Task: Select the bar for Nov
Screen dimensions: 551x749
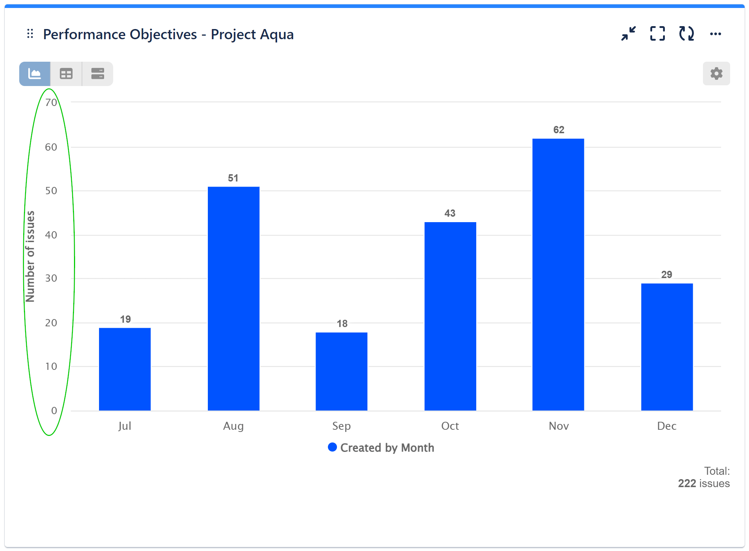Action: coord(558,274)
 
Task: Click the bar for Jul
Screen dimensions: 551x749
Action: coord(125,369)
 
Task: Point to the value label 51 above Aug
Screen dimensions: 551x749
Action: coord(233,178)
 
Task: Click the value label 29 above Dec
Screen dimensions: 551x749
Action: coord(666,275)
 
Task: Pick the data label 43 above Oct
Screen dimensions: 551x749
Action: coord(450,213)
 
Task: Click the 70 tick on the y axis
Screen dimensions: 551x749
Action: coord(51,103)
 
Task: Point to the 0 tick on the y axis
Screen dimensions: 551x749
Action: coord(54,411)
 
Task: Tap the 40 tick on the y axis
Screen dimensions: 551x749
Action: coord(51,235)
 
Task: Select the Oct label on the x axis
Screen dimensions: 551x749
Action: coord(450,426)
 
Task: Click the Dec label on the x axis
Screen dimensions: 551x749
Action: coord(667,426)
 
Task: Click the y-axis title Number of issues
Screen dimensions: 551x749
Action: coord(30,256)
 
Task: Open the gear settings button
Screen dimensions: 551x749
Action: coord(716,74)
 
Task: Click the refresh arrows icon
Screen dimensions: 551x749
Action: coord(686,34)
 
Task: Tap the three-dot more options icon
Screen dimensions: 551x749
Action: coord(715,34)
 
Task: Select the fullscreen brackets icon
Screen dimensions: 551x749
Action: coord(657,34)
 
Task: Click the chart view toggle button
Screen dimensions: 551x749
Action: coord(35,74)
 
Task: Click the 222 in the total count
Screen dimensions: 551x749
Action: coord(687,483)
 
